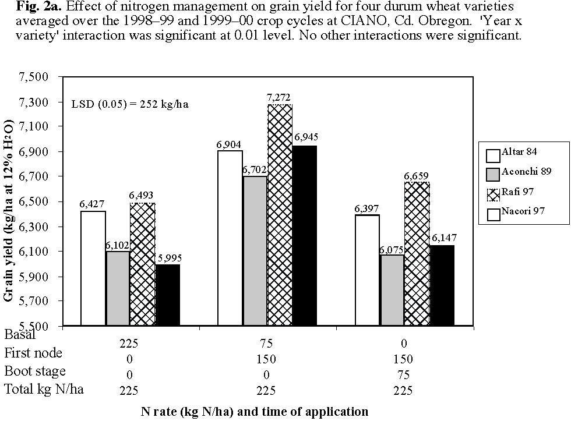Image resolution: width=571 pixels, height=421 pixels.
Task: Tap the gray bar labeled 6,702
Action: click(x=255, y=250)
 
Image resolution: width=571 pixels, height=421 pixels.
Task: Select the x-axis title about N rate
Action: click(x=255, y=411)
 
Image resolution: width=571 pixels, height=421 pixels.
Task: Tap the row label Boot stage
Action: click(x=35, y=371)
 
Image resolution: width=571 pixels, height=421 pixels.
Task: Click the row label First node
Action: click(x=33, y=353)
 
